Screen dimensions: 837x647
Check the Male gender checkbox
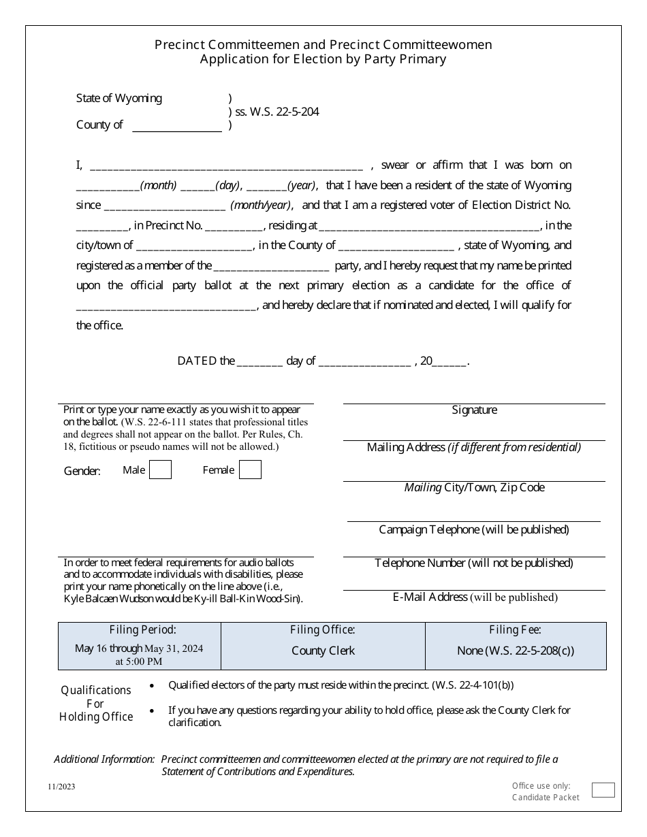[160, 470]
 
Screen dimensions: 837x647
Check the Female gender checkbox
[250, 470]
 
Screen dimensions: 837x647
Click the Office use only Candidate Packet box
[603, 790]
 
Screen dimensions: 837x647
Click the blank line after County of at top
[176, 126]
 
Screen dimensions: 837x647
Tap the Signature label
[474, 410]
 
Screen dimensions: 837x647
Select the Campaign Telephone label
[474, 529]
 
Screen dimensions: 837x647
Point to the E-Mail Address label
[475, 597]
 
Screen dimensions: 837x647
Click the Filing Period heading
[142, 630]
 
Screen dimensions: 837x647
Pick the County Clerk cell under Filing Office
[323, 651]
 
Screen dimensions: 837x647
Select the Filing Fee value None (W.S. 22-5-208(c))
[516, 651]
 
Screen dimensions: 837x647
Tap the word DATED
[197, 361]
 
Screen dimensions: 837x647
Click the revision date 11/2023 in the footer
[62, 787]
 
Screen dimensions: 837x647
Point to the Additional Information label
[104, 759]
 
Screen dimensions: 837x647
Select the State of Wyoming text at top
[119, 98]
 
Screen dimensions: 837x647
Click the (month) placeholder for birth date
[158, 186]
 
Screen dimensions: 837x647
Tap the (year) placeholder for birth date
[302, 186]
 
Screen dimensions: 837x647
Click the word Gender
[82, 471]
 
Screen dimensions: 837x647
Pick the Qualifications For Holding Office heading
[96, 704]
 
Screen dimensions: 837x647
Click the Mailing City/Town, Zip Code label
[474, 488]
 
